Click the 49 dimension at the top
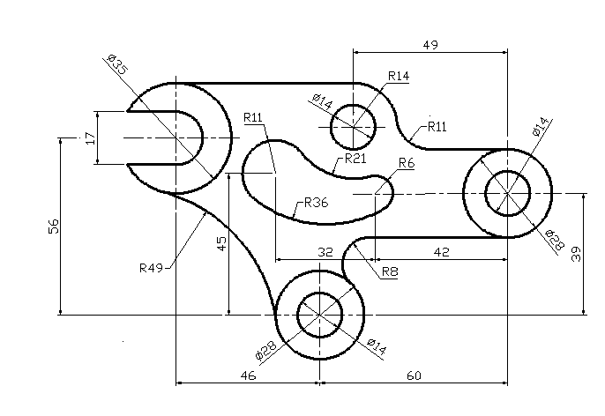pyautogui.click(x=430, y=45)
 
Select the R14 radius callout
pyautogui.click(x=399, y=76)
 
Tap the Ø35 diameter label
pyautogui.click(x=117, y=64)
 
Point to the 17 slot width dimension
pyautogui.click(x=90, y=138)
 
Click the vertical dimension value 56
pyautogui.click(x=54, y=227)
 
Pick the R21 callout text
pyautogui.click(x=355, y=158)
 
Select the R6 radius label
pyautogui.click(x=407, y=163)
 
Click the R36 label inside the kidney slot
pyautogui.click(x=317, y=203)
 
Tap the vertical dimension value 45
pyautogui.click(x=222, y=243)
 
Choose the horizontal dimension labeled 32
pyautogui.click(x=325, y=252)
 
